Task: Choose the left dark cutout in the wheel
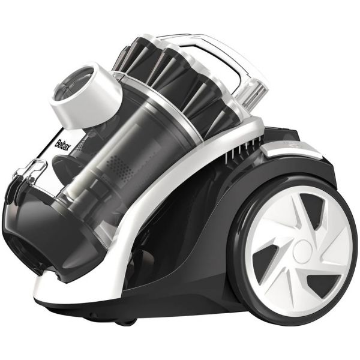pos(266,257)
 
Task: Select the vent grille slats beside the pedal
pos(244,149)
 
